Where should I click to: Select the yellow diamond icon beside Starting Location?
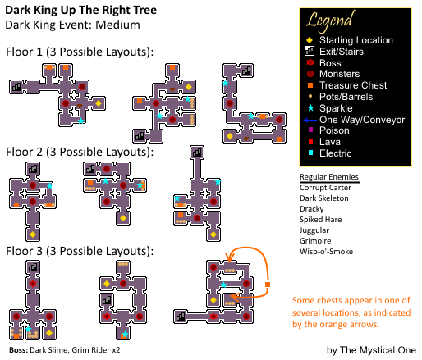pyautogui.click(x=310, y=40)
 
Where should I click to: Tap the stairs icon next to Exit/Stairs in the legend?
pyautogui.click(x=310, y=51)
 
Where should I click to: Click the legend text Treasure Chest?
pyautogui.click(x=353, y=85)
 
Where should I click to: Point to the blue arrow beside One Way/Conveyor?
pyautogui.click(x=310, y=120)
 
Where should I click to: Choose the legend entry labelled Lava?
pyautogui.click(x=330, y=142)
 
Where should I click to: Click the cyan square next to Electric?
pyautogui.click(x=310, y=153)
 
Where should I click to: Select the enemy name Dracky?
pyautogui.click(x=312, y=209)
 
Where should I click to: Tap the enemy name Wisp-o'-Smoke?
pyautogui.click(x=326, y=252)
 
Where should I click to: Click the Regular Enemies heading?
pyautogui.click(x=329, y=177)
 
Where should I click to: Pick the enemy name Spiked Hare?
pyautogui.click(x=320, y=220)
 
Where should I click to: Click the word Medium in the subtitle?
pyautogui.click(x=117, y=25)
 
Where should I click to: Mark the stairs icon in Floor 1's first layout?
pyautogui.click(x=16, y=87)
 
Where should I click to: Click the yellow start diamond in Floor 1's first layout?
pyautogui.click(x=99, y=103)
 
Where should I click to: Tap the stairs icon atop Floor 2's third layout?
pyautogui.click(x=197, y=153)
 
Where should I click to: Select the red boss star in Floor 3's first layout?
pyautogui.click(x=33, y=284)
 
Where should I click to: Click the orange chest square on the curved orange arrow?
pyautogui.click(x=268, y=285)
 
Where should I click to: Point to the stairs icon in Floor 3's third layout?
pyautogui.click(x=181, y=317)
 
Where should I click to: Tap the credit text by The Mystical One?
pyautogui.click(x=371, y=350)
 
